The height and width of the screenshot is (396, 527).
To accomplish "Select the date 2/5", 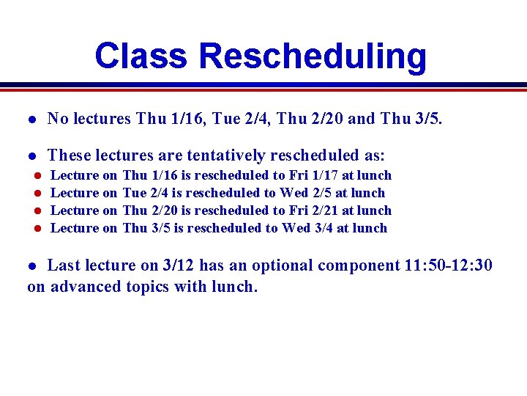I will pyautogui.click(x=317, y=193).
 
